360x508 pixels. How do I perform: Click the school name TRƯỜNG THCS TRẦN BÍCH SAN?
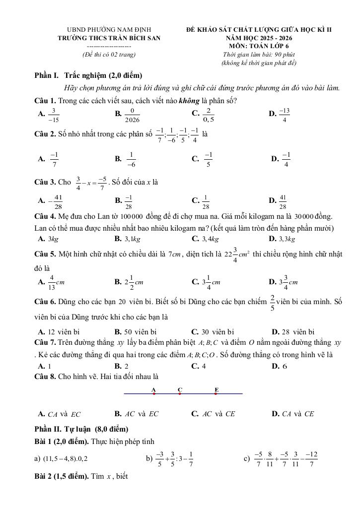tap(109, 38)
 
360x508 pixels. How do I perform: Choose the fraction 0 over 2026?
tap(132, 115)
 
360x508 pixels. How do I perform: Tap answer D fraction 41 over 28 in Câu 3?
tap(283, 202)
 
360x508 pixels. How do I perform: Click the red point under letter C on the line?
tap(180, 394)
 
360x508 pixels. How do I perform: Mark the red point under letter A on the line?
tap(154, 394)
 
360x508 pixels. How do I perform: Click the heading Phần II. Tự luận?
tap(81, 429)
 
